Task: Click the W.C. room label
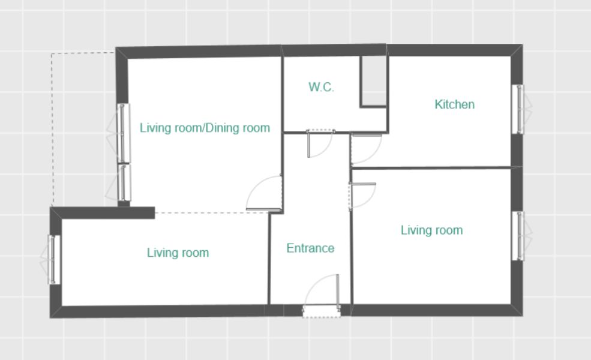(x=321, y=87)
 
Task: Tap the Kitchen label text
(x=455, y=104)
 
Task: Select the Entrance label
(x=310, y=248)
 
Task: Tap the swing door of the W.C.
(x=320, y=143)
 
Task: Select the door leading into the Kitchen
(x=366, y=148)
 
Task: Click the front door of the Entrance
(x=322, y=290)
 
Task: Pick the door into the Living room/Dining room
(x=264, y=193)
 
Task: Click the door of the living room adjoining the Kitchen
(x=362, y=195)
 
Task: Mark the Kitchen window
(x=521, y=109)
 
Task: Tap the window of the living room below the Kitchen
(x=521, y=236)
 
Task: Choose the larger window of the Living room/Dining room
(x=120, y=133)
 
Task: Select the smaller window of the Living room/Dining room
(x=121, y=182)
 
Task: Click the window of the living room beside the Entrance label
(x=52, y=259)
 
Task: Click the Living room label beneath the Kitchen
(x=431, y=230)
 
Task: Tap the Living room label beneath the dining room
(x=178, y=253)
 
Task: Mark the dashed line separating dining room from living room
(x=212, y=213)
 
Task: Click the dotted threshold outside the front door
(x=322, y=312)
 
